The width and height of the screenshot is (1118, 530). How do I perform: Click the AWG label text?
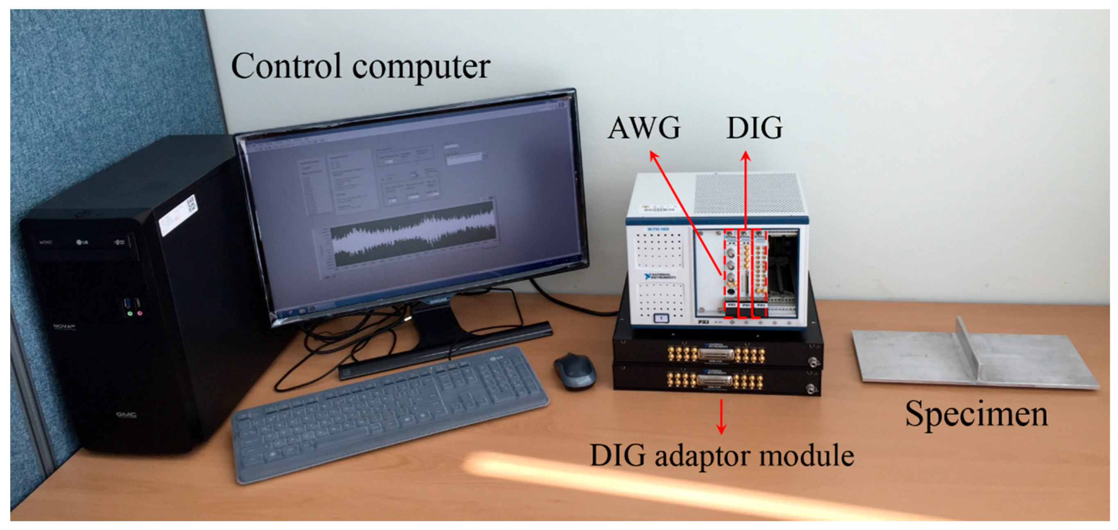pyautogui.click(x=644, y=128)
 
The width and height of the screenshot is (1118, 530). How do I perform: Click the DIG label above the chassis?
pyautogui.click(x=754, y=128)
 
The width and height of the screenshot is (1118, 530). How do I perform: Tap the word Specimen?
pyautogui.click(x=977, y=414)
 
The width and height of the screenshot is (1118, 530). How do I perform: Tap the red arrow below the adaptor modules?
pyautogui.click(x=721, y=417)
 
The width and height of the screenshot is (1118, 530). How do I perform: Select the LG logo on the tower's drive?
pyautogui.click(x=82, y=242)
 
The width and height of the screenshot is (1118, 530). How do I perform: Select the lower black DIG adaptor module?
pyautogui.click(x=716, y=381)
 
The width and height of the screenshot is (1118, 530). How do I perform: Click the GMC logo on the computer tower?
pyautogui.click(x=126, y=415)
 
